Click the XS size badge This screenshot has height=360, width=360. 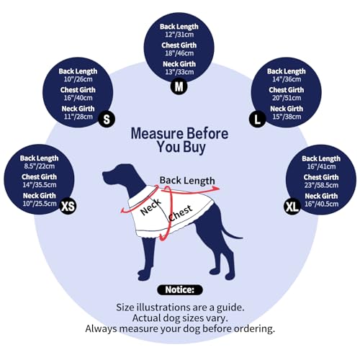click(x=68, y=206)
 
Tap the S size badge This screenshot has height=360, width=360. click(x=107, y=119)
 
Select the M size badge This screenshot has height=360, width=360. click(x=179, y=86)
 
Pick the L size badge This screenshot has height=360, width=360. click(x=257, y=119)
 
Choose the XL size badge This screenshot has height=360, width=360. click(x=292, y=206)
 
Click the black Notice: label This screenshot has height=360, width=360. click(x=180, y=289)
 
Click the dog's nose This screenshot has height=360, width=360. click(x=104, y=174)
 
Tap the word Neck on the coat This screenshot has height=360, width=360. click(x=150, y=207)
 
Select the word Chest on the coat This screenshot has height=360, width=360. click(x=180, y=213)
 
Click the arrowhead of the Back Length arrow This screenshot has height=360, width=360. click(x=217, y=189)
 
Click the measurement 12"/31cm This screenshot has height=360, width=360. click(x=179, y=35)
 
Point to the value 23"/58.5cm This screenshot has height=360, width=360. click(x=321, y=185)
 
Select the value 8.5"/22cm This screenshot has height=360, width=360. click(x=40, y=166)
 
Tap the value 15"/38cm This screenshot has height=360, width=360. click(x=287, y=117)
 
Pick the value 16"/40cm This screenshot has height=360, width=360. click(x=78, y=98)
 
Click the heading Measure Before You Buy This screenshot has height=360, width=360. click(x=179, y=140)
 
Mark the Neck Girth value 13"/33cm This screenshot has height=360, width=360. click(x=179, y=72)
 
